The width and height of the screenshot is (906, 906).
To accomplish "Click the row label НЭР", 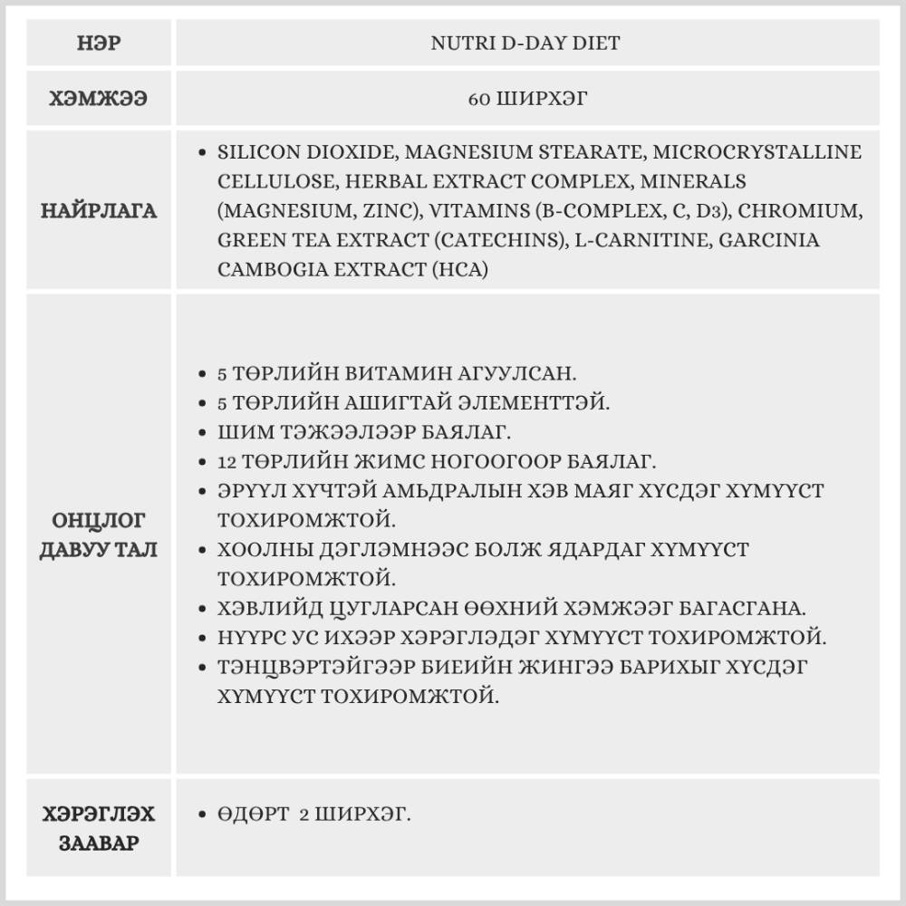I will (x=98, y=43).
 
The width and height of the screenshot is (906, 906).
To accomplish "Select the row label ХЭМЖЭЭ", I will (x=98, y=99).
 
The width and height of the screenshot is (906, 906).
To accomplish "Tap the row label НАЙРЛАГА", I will (x=98, y=211).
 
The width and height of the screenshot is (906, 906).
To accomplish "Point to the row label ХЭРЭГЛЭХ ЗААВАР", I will (x=98, y=829).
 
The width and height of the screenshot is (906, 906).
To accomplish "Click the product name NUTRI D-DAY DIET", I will (x=526, y=43).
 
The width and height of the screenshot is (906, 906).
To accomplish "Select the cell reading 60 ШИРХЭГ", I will (x=526, y=99).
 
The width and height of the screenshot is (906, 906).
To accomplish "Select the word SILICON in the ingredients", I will (x=255, y=152).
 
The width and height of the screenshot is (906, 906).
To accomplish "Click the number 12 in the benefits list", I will (x=226, y=461).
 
